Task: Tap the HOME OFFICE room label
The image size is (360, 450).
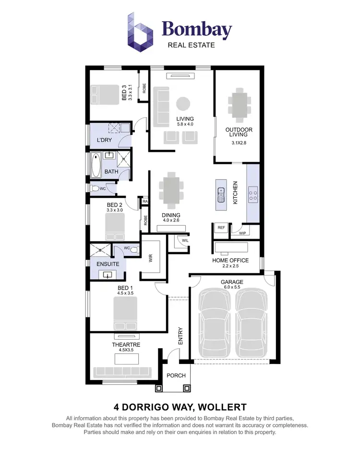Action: click(230, 261)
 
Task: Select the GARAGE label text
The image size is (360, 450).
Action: click(232, 282)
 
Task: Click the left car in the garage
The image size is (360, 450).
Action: click(215, 322)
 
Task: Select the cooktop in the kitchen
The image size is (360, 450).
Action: click(253, 195)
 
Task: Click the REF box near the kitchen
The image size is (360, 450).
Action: click(221, 228)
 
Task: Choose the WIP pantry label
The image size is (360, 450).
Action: click(243, 233)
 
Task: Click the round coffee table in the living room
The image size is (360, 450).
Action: click(182, 104)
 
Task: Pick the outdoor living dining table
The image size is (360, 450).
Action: click(239, 104)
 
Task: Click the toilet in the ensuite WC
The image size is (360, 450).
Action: click(133, 250)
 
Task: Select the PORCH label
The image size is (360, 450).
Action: click(176, 375)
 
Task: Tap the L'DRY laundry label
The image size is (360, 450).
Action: click(105, 140)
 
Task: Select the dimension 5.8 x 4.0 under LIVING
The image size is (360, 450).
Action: click(185, 124)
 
